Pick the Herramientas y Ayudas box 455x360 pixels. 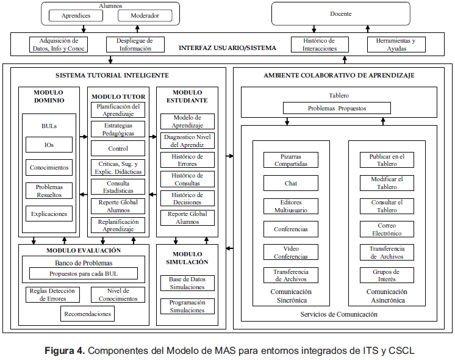pyautogui.click(x=396, y=45)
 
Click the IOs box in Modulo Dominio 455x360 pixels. pyautogui.click(x=49, y=145)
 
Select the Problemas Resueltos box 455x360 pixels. pyautogui.click(x=49, y=190)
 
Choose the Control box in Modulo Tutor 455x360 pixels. pyautogui.click(x=118, y=148)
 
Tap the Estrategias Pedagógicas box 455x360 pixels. pyautogui.click(x=118, y=129)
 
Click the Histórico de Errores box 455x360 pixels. pyautogui.click(x=187, y=160)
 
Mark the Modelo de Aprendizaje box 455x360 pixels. pyautogui.click(x=187, y=121)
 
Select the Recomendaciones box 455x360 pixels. pyautogui.click(x=88, y=314)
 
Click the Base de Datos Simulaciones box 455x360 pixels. pyautogui.click(x=187, y=283)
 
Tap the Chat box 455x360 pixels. pyautogui.click(x=290, y=182)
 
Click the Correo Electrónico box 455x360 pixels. pyautogui.click(x=386, y=229)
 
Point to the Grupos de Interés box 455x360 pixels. pyautogui.click(x=386, y=275)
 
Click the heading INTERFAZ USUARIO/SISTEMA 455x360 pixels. pyautogui.click(x=227, y=48)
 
